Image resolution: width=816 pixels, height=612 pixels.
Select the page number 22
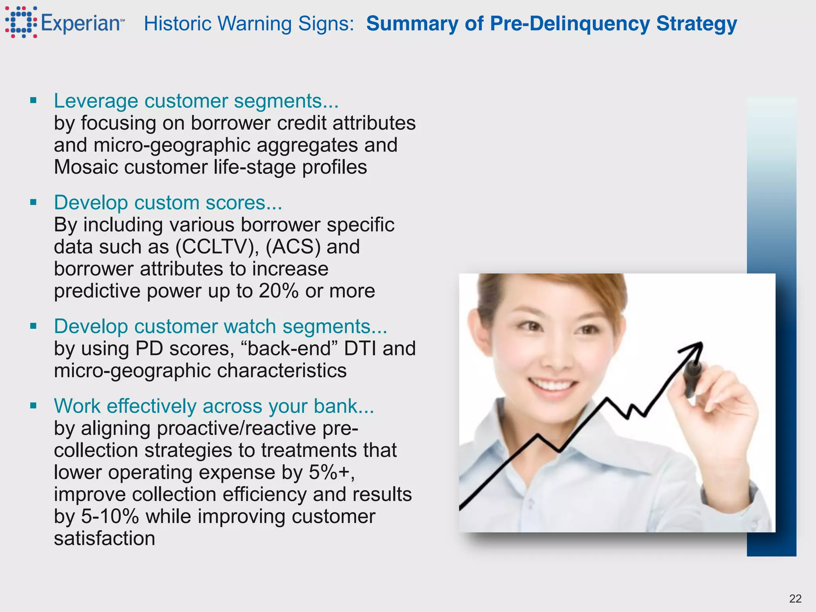pos(795,598)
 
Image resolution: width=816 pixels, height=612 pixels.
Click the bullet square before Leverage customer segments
pos(33,100)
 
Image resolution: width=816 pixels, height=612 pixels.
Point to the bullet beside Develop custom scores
pos(33,202)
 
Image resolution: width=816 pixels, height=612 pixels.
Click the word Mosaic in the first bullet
pos(86,167)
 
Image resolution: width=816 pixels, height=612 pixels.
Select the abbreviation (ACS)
pos(293,247)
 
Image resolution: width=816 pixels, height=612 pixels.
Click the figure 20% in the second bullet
pos(279,291)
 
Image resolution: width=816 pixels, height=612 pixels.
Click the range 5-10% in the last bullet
pos(110,516)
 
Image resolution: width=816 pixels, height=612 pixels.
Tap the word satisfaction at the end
pos(104,538)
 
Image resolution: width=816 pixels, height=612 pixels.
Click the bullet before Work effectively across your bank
pos(33,406)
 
